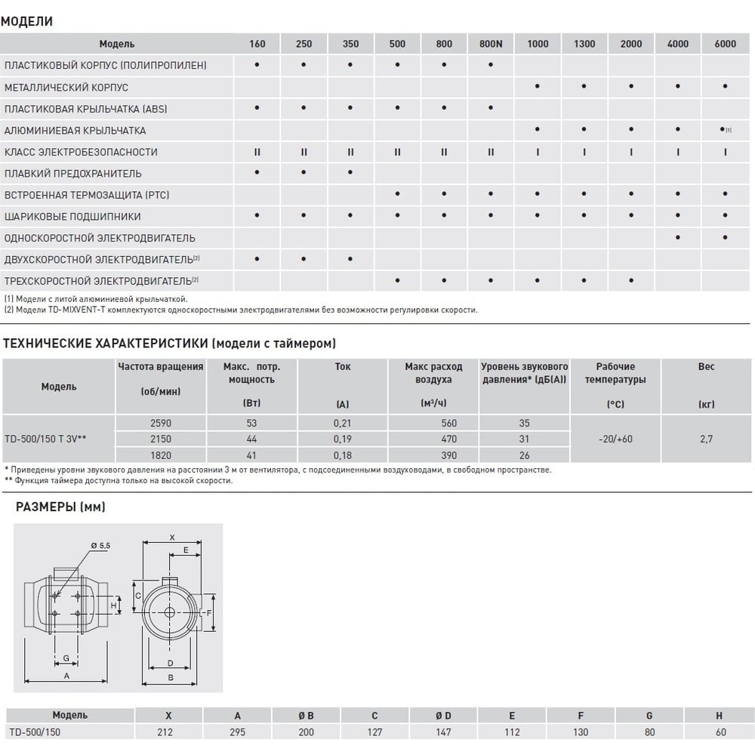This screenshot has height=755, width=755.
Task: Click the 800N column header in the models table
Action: [491, 44]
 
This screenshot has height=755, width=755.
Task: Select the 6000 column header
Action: [725, 44]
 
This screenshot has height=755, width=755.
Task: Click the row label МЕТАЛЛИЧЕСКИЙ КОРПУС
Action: [66, 88]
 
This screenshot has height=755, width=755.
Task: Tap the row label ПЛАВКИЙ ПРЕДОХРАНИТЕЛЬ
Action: [72, 174]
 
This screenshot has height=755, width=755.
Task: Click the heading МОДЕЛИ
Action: [26, 21]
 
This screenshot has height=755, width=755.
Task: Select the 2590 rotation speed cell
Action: [161, 424]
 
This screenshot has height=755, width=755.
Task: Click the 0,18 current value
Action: [342, 455]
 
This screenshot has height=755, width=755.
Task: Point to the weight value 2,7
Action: [706, 439]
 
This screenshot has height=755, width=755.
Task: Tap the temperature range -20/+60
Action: [615, 439]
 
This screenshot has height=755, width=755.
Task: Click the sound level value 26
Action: [525, 455]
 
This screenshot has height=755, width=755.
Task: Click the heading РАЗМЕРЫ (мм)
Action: [60, 507]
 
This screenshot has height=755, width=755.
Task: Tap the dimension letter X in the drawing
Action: [171, 538]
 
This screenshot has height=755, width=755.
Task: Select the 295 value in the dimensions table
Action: [238, 732]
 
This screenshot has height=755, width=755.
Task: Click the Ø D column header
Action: [443, 715]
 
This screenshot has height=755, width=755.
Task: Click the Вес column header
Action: [706, 367]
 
